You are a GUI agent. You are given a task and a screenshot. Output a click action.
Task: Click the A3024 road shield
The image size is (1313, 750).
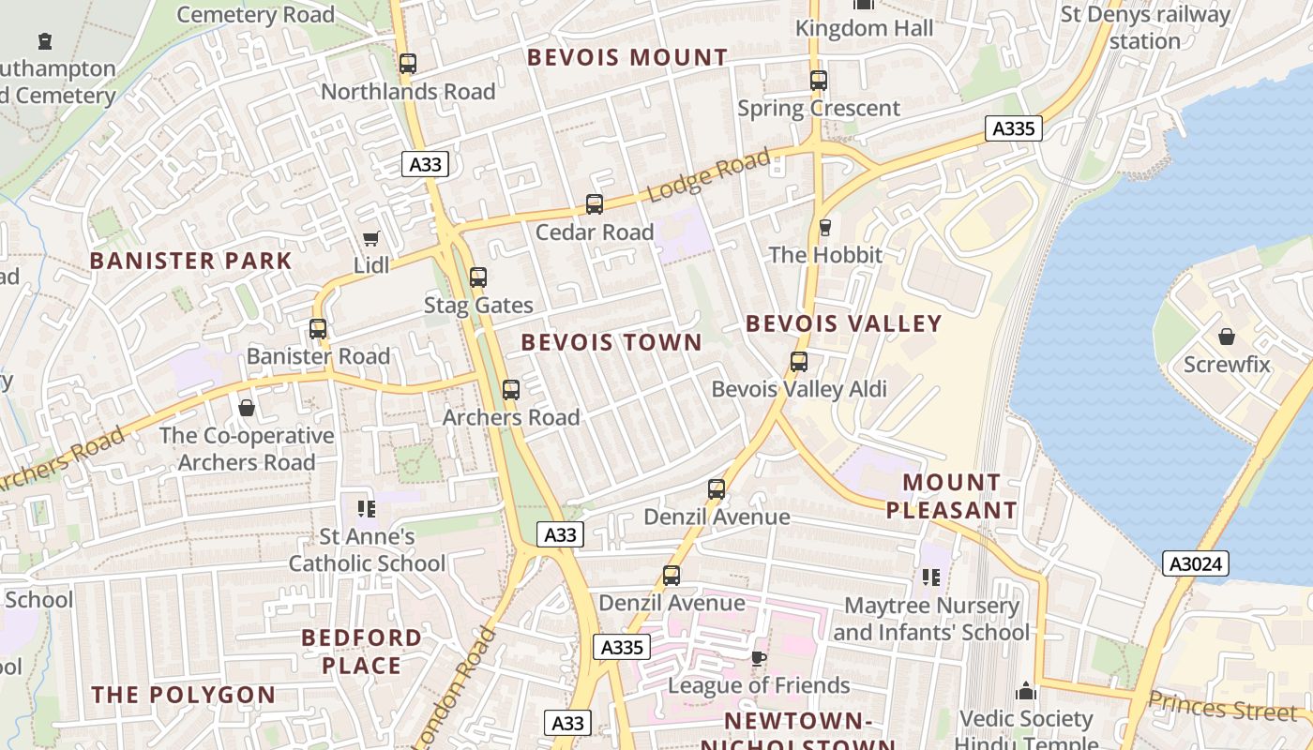point(1195,563)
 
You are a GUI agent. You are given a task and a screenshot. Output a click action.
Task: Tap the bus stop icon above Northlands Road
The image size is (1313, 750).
point(407,64)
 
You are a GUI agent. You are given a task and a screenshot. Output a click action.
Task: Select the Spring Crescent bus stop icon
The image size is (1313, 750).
point(819,81)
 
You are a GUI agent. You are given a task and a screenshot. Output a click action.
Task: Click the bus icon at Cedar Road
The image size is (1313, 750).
point(595,203)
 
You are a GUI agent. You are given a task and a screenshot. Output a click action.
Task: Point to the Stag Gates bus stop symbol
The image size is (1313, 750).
point(478,277)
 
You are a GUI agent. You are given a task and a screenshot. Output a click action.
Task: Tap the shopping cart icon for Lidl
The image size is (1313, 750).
point(371,239)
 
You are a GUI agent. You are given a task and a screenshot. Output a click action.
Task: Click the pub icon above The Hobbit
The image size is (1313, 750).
point(825,227)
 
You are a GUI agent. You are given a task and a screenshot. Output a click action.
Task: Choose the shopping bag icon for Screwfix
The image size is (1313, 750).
point(1226,337)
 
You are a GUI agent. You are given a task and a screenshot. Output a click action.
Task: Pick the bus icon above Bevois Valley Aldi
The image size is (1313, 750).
point(799,361)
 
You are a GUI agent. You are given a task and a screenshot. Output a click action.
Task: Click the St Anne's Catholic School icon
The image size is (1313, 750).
point(367,509)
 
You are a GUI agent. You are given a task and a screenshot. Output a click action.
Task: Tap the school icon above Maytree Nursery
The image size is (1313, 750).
point(930,577)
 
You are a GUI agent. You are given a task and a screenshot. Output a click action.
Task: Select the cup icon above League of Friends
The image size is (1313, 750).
point(759,658)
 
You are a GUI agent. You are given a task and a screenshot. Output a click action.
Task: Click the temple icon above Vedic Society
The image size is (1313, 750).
point(1026,692)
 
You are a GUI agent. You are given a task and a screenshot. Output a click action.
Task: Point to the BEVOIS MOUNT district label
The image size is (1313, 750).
point(627,57)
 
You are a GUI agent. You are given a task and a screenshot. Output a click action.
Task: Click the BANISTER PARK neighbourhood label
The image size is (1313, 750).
point(191,261)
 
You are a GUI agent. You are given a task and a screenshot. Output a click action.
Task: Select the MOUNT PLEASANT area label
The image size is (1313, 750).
point(952,497)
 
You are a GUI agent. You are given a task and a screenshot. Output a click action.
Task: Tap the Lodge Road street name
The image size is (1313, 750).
point(708,175)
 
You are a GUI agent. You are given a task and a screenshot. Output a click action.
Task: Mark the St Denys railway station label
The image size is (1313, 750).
point(1144,28)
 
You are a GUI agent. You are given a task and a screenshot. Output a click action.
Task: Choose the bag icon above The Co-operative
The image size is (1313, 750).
point(247,408)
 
